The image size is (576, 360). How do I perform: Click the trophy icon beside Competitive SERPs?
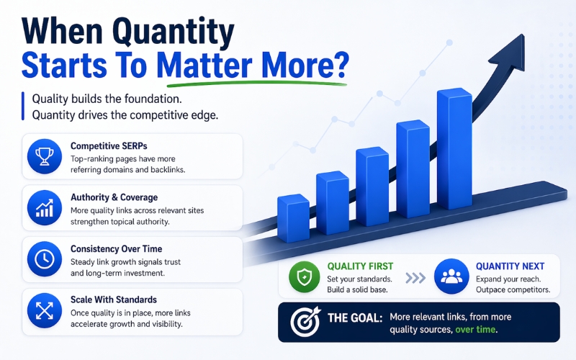point(45,156)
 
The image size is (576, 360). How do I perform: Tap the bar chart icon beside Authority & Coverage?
point(45,207)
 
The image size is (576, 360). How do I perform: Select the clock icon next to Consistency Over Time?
point(45,259)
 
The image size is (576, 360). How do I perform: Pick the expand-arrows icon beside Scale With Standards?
point(45,310)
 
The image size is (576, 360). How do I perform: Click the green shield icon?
point(304,276)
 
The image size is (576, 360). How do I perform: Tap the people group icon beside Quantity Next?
point(451,276)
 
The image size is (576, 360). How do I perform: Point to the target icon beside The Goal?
point(305,322)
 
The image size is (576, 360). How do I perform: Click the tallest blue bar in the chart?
point(454,149)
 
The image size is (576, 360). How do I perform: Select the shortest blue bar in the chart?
point(293,218)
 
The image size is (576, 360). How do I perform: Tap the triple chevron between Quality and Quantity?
point(415,278)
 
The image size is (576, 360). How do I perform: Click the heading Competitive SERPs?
point(109,146)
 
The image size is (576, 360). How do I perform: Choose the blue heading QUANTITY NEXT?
point(510,266)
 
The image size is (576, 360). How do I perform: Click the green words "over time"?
point(475,330)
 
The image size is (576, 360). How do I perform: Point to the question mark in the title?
point(341,65)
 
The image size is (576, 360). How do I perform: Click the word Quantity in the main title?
point(176,31)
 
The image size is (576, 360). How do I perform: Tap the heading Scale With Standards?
point(114,300)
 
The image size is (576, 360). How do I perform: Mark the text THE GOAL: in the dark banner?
point(355,318)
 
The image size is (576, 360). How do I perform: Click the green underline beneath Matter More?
point(257,84)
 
